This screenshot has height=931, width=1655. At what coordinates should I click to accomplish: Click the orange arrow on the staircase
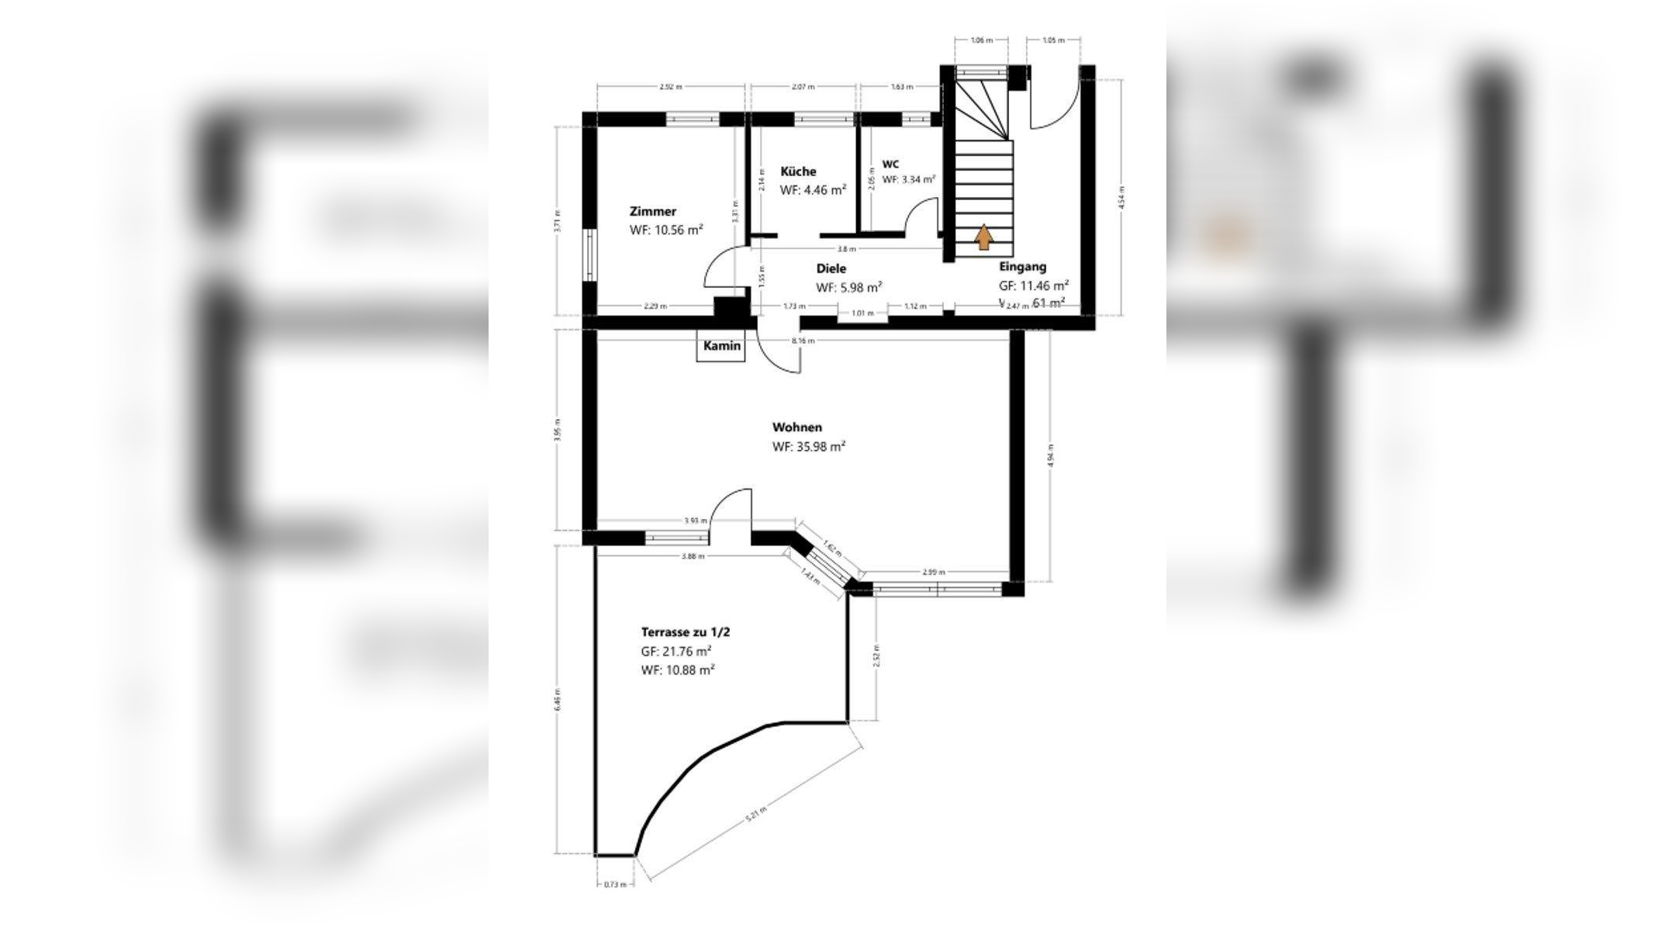pyautogui.click(x=983, y=237)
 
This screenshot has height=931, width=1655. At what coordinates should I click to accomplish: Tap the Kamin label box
pyautogui.click(x=721, y=347)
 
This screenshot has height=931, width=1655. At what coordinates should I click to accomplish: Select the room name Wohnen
pyautogui.click(x=796, y=427)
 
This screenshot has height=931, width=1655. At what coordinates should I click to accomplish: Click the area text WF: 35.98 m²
pyautogui.click(x=808, y=447)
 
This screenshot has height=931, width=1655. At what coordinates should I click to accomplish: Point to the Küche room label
pyautogui.click(x=798, y=171)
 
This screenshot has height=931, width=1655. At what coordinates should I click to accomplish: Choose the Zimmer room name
pyautogui.click(x=652, y=211)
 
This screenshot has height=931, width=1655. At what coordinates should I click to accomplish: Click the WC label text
pyautogui.click(x=890, y=164)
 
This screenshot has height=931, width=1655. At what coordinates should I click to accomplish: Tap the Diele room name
pyautogui.click(x=831, y=268)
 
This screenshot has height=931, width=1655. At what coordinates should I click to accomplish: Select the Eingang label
pyautogui.click(x=1022, y=267)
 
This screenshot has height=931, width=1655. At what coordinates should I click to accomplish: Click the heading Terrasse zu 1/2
pyautogui.click(x=685, y=632)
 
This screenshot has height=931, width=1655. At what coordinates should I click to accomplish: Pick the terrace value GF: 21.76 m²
pyautogui.click(x=676, y=652)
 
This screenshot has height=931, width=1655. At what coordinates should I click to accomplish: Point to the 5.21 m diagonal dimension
pyautogui.click(x=755, y=815)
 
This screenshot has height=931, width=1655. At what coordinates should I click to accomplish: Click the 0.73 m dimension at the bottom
pyautogui.click(x=614, y=884)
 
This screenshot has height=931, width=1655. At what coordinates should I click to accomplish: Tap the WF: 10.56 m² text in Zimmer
pyautogui.click(x=666, y=230)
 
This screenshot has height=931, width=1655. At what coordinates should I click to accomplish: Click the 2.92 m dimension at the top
pyautogui.click(x=670, y=87)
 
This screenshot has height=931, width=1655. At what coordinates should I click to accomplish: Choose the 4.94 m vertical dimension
pyautogui.click(x=1051, y=457)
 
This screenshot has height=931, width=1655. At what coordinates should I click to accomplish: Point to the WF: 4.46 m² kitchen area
pyautogui.click(x=812, y=189)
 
